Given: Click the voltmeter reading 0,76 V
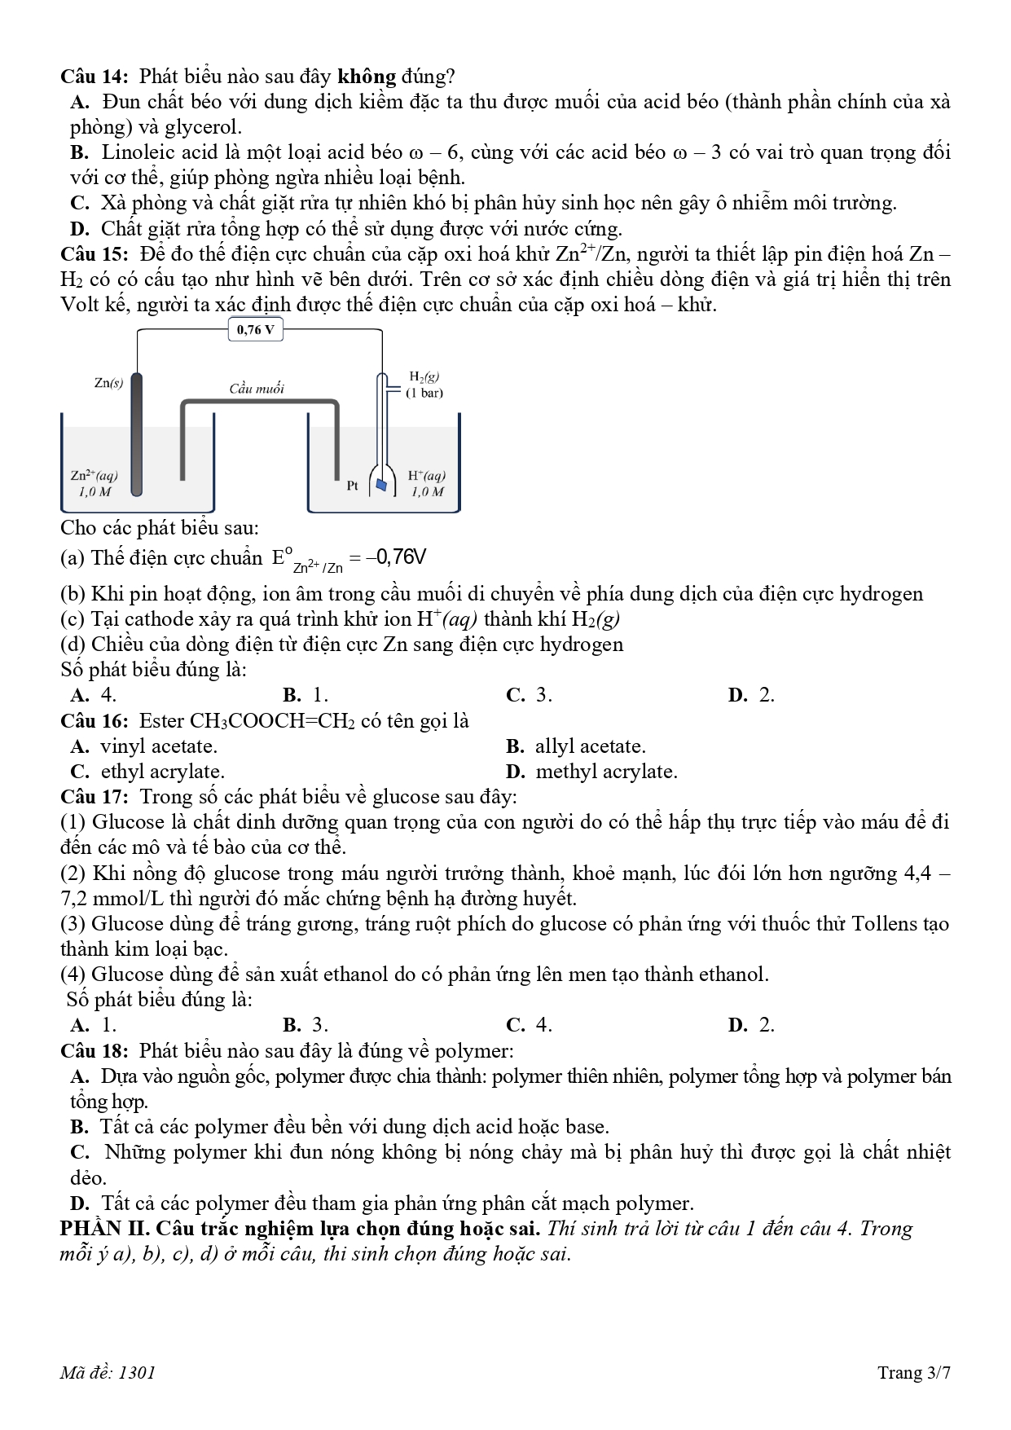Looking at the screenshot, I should coord(256,330).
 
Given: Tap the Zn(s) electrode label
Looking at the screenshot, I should coord(108,383).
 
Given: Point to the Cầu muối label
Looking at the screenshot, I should coord(257,389).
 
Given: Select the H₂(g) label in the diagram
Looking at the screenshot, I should coord(424,376).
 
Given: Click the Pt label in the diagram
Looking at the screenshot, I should coord(352,486).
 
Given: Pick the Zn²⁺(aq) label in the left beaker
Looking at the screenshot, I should coord(95,476).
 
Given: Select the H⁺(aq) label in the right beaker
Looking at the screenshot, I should coord(426,476).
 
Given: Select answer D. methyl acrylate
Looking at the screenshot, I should coord(591,772).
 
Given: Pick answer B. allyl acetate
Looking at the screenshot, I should coord(575,746).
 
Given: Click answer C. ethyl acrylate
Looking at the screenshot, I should coord(147,772).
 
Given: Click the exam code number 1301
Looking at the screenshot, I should coord(137,1372).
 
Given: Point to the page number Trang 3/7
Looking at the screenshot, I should coord(913,1372).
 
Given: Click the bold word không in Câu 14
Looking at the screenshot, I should coord(367,77).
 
